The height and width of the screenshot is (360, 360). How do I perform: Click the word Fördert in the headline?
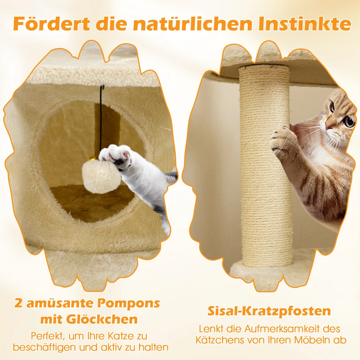(51, 23)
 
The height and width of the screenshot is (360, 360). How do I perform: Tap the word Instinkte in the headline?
(305, 23)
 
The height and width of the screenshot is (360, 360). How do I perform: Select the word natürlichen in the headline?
(192, 23)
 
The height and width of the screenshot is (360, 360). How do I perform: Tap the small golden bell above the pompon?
(92, 159)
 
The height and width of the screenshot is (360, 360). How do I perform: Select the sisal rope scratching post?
(266, 166)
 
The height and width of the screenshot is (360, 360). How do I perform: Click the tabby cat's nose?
(329, 126)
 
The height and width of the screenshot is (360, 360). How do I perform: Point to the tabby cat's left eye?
(349, 121)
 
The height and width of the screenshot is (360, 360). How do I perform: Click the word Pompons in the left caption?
(129, 303)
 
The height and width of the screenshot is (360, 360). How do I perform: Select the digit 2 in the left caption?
(18, 303)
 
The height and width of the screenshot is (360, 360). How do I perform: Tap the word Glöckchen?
(102, 319)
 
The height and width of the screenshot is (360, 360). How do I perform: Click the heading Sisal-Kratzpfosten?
(269, 311)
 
